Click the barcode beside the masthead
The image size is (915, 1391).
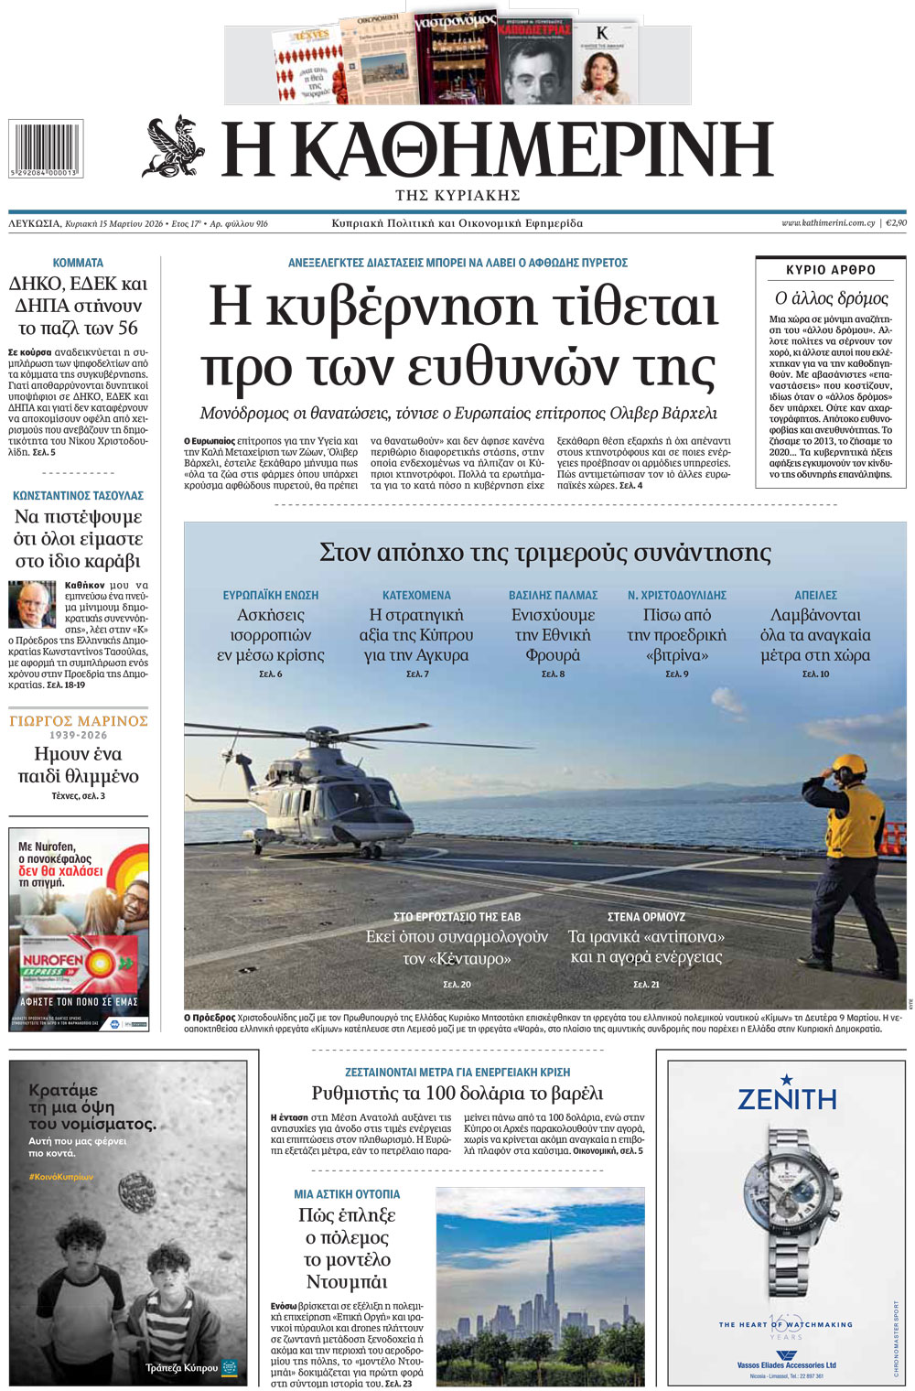pyautogui.click(x=45, y=147)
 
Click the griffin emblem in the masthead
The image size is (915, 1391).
pyautogui.click(x=174, y=146)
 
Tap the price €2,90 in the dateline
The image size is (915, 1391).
pyautogui.click(x=896, y=223)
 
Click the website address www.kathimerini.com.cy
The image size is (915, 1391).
pyautogui.click(x=827, y=223)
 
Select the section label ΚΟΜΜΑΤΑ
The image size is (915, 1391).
pyautogui.click(x=78, y=263)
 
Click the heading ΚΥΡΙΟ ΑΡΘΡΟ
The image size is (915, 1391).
pyautogui.click(x=831, y=270)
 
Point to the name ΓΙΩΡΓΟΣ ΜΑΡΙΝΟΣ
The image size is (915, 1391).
pyautogui.click(x=78, y=721)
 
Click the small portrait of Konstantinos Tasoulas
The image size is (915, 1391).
pyautogui.click(x=31, y=605)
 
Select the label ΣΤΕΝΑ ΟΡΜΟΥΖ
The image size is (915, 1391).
pyautogui.click(x=646, y=916)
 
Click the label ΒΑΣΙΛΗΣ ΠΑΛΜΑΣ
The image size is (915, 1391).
pyautogui.click(x=553, y=595)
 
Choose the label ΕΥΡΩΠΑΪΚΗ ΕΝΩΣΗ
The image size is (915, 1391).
pyautogui.click(x=271, y=595)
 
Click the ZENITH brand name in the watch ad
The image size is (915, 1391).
pyautogui.click(x=787, y=1097)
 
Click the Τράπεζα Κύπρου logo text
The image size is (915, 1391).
pyautogui.click(x=182, y=1367)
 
